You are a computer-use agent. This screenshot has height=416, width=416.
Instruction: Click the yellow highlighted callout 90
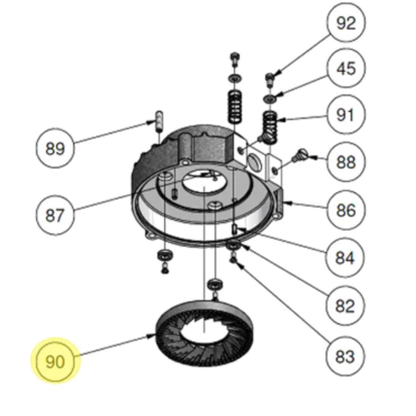coord(55,361)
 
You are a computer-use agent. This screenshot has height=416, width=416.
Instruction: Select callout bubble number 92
coord(346,24)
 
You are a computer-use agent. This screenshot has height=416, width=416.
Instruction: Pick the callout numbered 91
coord(346,115)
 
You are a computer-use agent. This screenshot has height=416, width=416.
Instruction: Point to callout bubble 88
coord(346,162)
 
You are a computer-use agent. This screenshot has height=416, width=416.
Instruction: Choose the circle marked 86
coord(346,210)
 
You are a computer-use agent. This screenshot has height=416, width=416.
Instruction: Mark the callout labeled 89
coord(55,149)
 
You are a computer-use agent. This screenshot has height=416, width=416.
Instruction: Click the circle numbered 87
coord(55,215)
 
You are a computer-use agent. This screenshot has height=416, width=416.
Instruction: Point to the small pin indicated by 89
coord(159,121)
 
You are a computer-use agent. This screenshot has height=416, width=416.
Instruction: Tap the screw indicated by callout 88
coord(299,157)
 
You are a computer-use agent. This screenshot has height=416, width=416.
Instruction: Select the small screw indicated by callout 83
coord(234,260)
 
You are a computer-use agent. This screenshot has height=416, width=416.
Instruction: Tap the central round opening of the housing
coord(204,183)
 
